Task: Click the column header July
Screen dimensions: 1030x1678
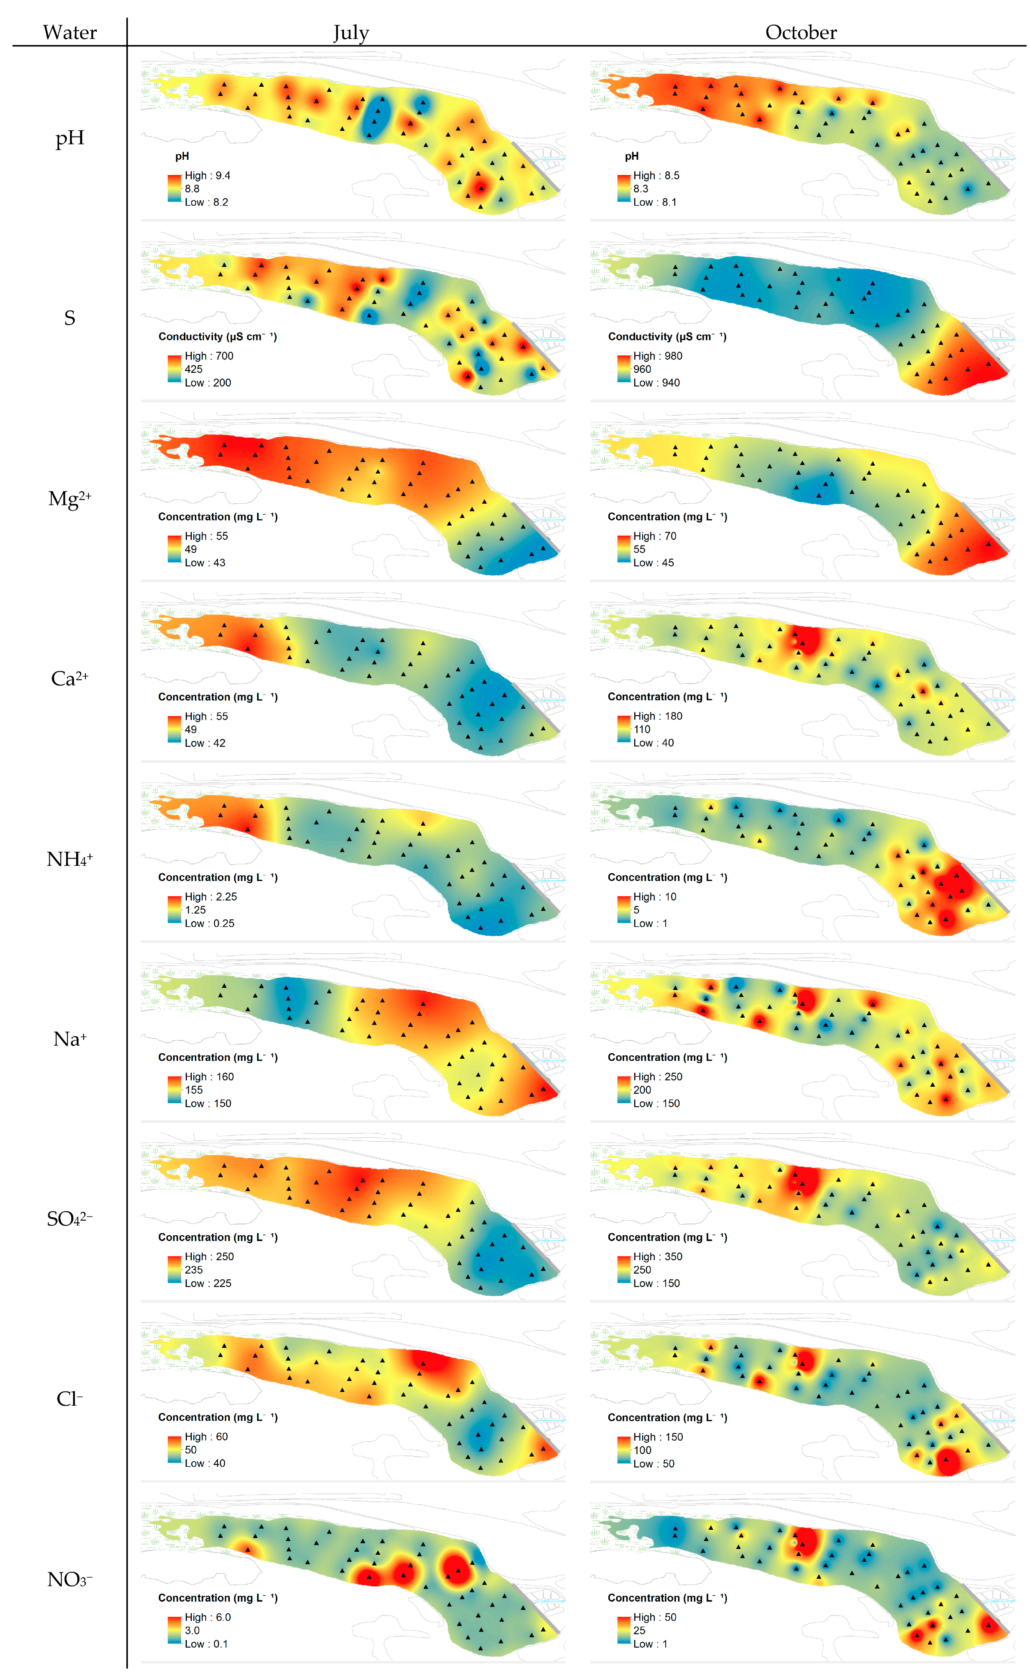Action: tap(351, 33)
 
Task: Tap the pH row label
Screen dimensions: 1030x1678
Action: tap(70, 139)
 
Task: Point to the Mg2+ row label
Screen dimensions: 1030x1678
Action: tap(70, 498)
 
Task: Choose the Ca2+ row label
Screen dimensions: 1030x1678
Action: tap(70, 678)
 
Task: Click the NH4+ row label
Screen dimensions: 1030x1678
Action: tap(70, 859)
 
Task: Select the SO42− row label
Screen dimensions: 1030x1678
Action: tap(70, 1218)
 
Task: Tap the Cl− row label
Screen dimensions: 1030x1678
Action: tap(70, 1399)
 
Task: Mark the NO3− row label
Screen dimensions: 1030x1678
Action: tap(70, 1579)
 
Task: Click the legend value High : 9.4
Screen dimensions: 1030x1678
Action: tap(208, 176)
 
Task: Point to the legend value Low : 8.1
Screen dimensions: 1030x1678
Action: tap(655, 202)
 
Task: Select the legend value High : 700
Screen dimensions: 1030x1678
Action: tap(209, 356)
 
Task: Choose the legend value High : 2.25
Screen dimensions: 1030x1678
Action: tap(211, 897)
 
